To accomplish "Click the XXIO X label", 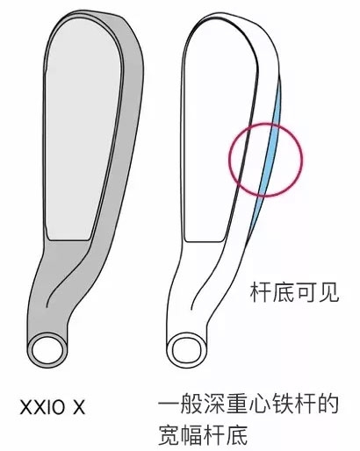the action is (53, 407).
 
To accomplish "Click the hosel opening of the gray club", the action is (47, 351).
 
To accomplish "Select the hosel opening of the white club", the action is (188, 350).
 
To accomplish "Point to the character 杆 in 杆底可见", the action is (261, 292).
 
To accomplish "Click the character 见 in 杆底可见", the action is (328, 292).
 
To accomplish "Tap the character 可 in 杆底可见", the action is (306, 292).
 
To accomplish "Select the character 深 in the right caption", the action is (214, 404).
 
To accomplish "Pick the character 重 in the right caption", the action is (237, 404).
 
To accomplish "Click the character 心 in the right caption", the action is (260, 404).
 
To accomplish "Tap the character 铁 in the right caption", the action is (283, 404).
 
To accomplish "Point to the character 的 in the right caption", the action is (328, 404).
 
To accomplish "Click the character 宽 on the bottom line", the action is (169, 434).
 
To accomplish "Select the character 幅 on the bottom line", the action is (191, 434).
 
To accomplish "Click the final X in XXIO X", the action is (79, 407).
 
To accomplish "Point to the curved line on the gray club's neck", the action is (68, 275).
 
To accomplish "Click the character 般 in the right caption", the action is (191, 404).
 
